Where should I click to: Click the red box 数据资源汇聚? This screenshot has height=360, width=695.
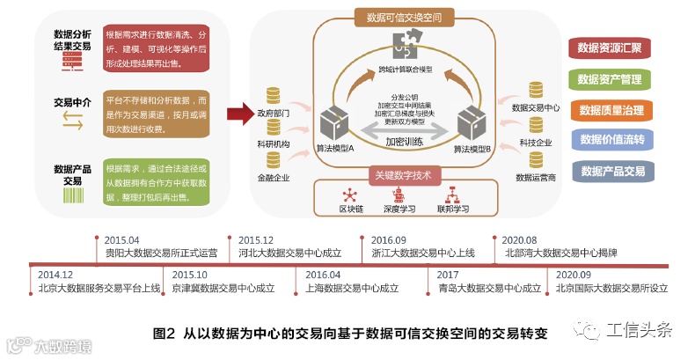pyautogui.click(x=610, y=49)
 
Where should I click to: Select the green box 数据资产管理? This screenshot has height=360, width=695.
pyautogui.click(x=610, y=80)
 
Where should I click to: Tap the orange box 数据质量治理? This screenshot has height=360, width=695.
pyautogui.click(x=610, y=110)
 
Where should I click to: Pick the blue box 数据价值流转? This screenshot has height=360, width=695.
pyautogui.click(x=610, y=140)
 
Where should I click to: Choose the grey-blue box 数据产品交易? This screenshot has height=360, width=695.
pyautogui.click(x=610, y=171)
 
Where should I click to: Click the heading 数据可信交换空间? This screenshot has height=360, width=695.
pyautogui.click(x=404, y=18)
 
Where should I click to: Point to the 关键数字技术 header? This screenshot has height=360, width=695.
pyautogui.click(x=403, y=175)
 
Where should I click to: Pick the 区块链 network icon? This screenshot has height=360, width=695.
pyautogui.click(x=352, y=195)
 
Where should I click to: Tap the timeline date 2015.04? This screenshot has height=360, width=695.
pyautogui.click(x=121, y=239)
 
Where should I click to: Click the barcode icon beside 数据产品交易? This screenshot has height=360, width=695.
pyautogui.click(x=72, y=199)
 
